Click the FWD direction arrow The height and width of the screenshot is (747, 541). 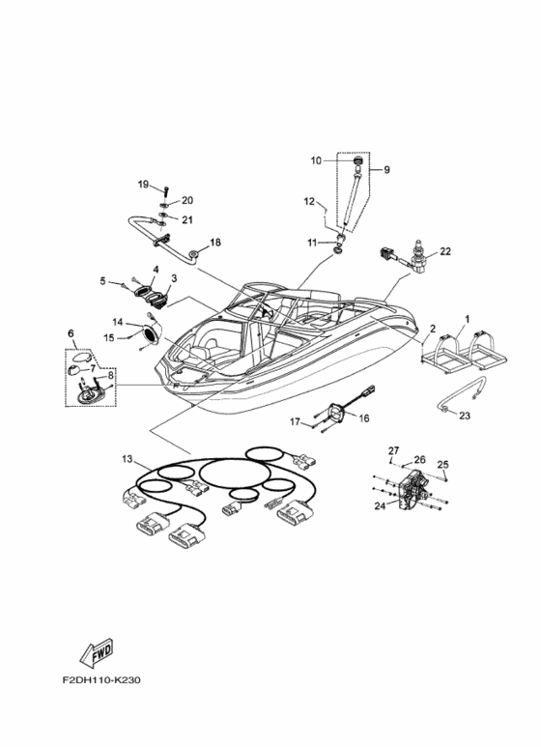97,652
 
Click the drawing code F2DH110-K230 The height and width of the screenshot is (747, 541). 101,679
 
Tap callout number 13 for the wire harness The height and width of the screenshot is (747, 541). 128,459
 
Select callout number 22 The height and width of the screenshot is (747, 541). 444,251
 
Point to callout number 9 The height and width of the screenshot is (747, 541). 386,170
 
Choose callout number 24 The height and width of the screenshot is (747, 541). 380,506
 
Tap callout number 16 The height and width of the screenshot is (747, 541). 364,418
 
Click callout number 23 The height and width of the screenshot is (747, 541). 465,416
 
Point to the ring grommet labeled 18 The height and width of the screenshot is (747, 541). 195,254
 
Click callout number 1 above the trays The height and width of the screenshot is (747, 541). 468,318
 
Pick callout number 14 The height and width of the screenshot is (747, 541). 118,322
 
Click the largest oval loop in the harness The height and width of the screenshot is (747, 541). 235,474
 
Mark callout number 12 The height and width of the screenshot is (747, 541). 309,202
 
